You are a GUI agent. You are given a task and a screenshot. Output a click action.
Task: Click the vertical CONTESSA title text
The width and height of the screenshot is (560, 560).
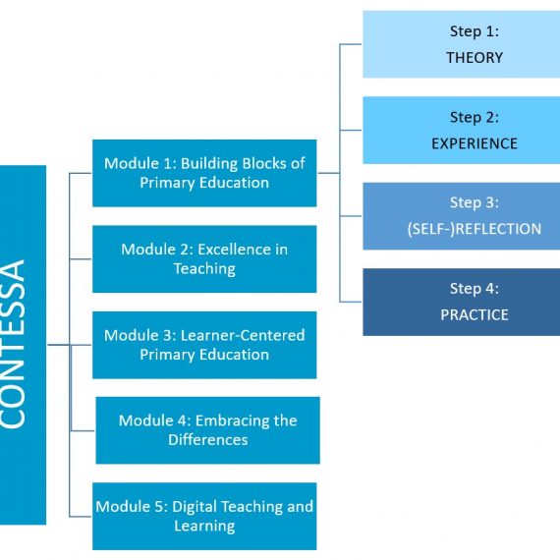pyautogui.click(x=14, y=344)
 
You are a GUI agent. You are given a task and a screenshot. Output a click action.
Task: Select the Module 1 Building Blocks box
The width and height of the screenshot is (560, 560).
pyautogui.click(x=204, y=173)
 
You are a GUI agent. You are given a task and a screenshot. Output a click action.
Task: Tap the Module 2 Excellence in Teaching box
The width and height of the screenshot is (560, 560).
pyautogui.click(x=204, y=259)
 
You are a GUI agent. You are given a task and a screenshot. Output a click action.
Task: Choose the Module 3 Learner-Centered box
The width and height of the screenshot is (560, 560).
pyautogui.click(x=204, y=345)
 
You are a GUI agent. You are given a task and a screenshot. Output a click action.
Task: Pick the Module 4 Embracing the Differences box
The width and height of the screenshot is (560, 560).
pyautogui.click(x=208, y=430)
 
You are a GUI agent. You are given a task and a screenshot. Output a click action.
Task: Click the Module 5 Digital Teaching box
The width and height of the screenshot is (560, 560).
pyautogui.click(x=204, y=517)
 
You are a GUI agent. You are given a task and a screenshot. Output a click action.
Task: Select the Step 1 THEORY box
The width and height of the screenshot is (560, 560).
pyautogui.click(x=462, y=44)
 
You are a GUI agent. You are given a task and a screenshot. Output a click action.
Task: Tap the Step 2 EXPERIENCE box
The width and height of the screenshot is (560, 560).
pyautogui.click(x=462, y=131)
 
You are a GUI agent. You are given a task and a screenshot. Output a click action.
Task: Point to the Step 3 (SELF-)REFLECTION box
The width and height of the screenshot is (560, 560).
pyautogui.click(x=462, y=216)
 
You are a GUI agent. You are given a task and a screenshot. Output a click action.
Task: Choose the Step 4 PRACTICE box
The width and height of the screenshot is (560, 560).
pyautogui.click(x=462, y=303)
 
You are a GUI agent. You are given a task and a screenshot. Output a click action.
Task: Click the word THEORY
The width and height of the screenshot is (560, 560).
pyautogui.click(x=475, y=58)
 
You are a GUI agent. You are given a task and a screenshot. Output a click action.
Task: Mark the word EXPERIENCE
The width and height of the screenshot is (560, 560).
pyautogui.click(x=475, y=143)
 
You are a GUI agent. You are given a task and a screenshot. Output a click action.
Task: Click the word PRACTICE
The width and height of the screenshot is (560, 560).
pyautogui.click(x=475, y=315)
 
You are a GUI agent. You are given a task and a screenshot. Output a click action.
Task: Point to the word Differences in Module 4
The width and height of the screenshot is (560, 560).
pyautogui.click(x=208, y=439)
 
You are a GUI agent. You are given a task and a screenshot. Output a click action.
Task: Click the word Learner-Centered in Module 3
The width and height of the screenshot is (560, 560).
pyautogui.click(x=243, y=335)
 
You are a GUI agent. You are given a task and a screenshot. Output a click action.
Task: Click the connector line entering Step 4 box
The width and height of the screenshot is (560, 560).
pyautogui.click(x=351, y=302)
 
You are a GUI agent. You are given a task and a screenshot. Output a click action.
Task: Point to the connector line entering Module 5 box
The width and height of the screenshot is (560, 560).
pyautogui.click(x=81, y=517)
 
